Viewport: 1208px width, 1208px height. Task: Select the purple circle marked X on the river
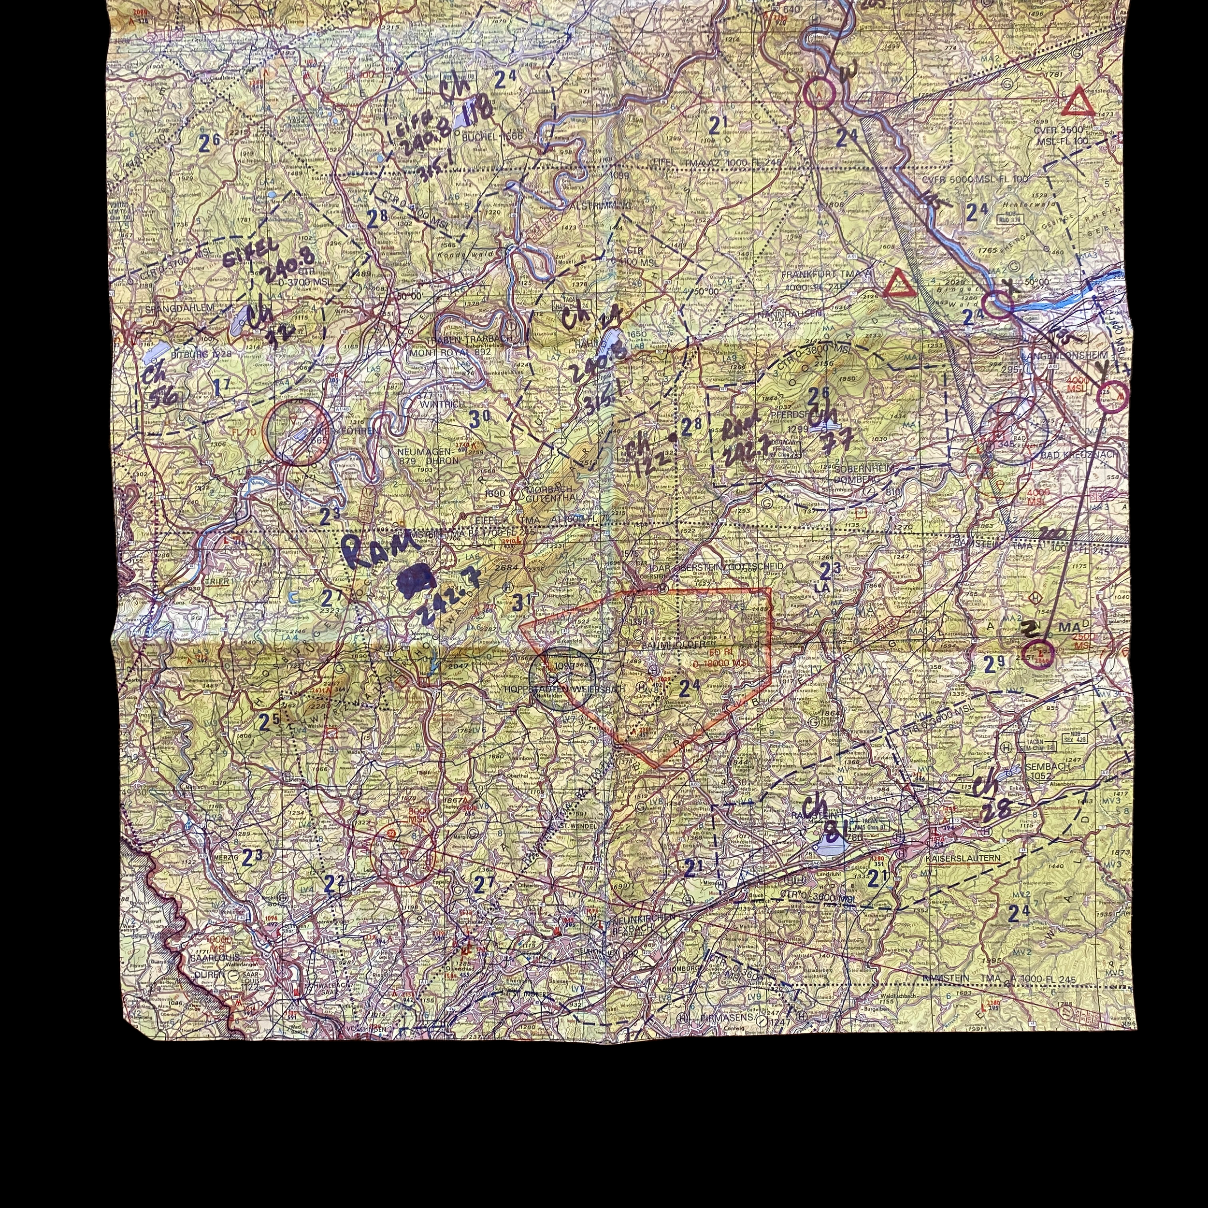pyautogui.click(x=997, y=304)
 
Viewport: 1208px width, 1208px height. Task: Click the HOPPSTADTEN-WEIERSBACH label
pyautogui.click(x=564, y=689)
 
